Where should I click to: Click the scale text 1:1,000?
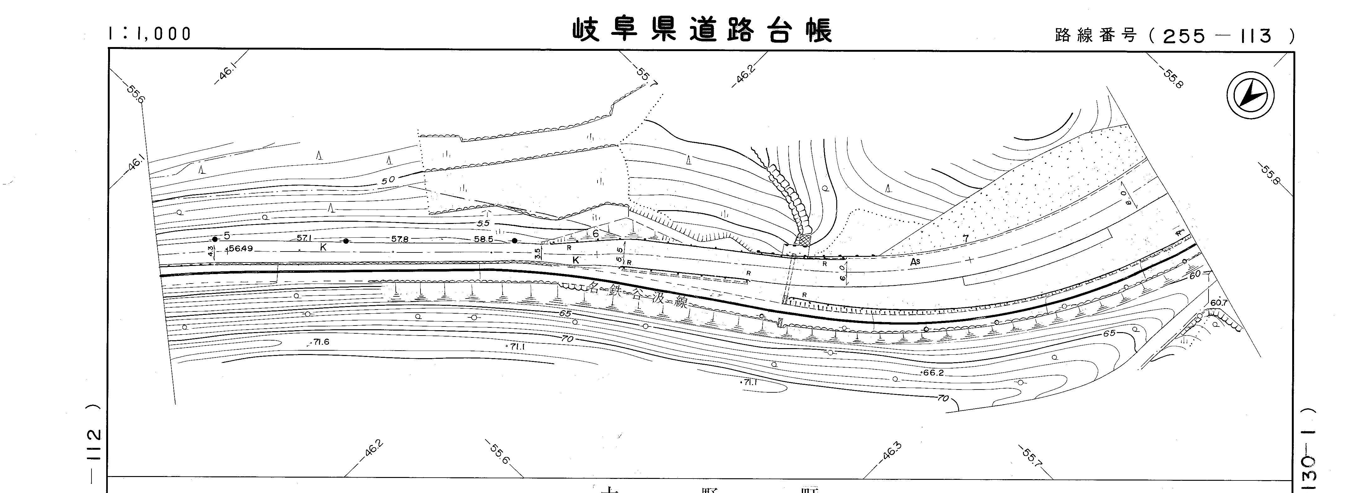pyautogui.click(x=150, y=34)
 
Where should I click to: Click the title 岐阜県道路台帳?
pyautogui.click(x=702, y=30)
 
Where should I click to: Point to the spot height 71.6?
pyautogui.click(x=320, y=342)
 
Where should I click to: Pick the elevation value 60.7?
pyautogui.click(x=1218, y=303)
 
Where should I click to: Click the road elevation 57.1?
pyautogui.click(x=304, y=238)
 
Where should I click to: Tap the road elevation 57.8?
pyautogui.click(x=400, y=239)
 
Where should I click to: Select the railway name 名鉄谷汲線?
pyautogui.click(x=638, y=295)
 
